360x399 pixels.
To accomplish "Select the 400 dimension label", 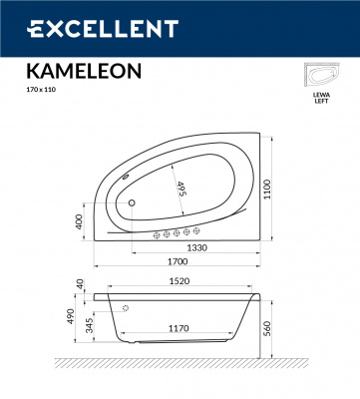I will [x=80, y=220].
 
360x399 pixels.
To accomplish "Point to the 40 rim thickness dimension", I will [x=80, y=284].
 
